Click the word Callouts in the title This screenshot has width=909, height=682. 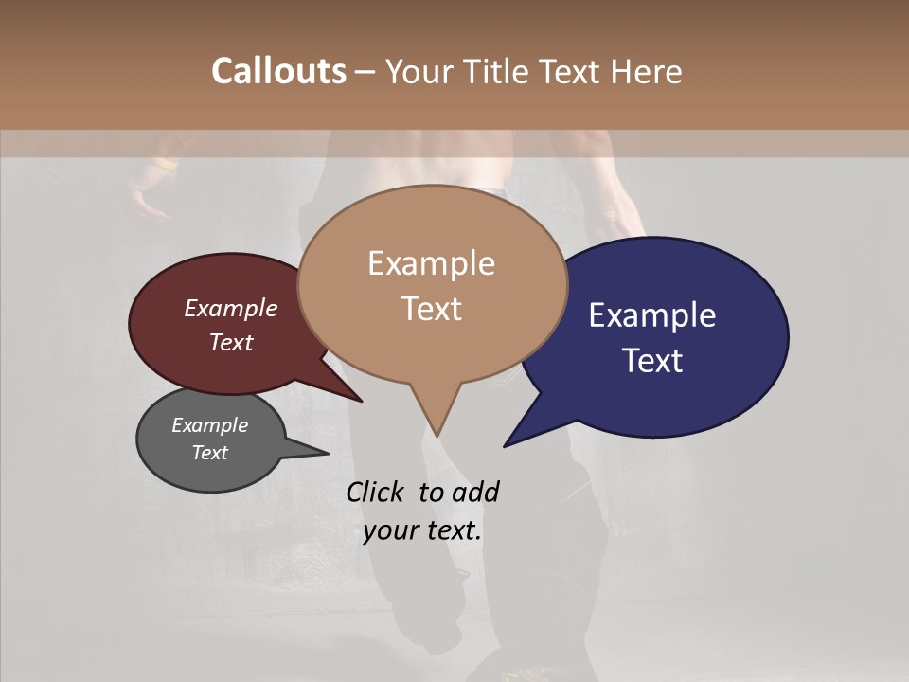(x=278, y=71)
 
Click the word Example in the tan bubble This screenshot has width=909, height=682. (x=431, y=263)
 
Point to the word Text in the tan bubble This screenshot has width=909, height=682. (x=431, y=309)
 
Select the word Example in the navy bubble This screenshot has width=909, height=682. (x=652, y=315)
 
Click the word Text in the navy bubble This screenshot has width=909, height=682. (x=652, y=361)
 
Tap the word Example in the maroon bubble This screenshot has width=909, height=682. (x=231, y=308)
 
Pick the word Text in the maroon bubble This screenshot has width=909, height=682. (x=231, y=342)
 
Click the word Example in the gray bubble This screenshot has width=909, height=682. (x=209, y=425)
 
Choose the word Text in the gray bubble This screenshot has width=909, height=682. (x=209, y=453)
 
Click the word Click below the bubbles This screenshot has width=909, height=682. (x=377, y=492)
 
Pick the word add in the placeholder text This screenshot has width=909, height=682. (x=474, y=492)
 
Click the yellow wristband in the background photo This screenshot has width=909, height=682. (x=165, y=164)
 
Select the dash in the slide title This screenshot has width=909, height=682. (x=366, y=72)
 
